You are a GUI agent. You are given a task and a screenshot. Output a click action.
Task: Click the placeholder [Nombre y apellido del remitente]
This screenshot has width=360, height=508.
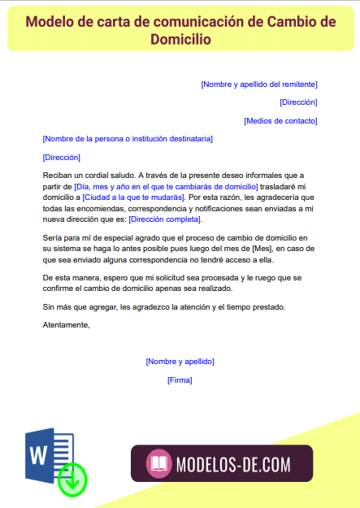258,84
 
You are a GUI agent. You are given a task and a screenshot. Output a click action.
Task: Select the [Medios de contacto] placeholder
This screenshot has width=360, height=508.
280,120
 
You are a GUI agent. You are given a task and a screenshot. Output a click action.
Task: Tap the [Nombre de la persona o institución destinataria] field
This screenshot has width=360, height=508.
128,139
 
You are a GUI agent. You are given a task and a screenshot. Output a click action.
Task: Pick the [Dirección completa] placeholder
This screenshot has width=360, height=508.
165,219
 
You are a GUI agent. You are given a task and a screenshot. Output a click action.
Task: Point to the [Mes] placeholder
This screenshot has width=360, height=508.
262,248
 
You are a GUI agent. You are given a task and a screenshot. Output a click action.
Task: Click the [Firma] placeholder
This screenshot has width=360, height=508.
180,380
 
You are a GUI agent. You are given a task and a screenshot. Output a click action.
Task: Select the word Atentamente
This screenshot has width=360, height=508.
66,324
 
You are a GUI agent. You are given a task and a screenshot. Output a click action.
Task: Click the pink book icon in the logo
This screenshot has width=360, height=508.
159,464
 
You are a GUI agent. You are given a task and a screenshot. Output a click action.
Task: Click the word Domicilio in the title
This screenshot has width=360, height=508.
180,38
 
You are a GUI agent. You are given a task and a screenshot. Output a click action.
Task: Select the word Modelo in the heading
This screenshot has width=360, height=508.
54,22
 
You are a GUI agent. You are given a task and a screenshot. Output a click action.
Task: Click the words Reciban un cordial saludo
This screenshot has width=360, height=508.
89,175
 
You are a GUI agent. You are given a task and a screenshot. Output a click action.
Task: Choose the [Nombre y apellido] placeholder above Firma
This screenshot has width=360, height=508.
180,361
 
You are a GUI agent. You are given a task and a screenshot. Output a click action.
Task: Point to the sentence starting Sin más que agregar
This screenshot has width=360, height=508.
175,306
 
